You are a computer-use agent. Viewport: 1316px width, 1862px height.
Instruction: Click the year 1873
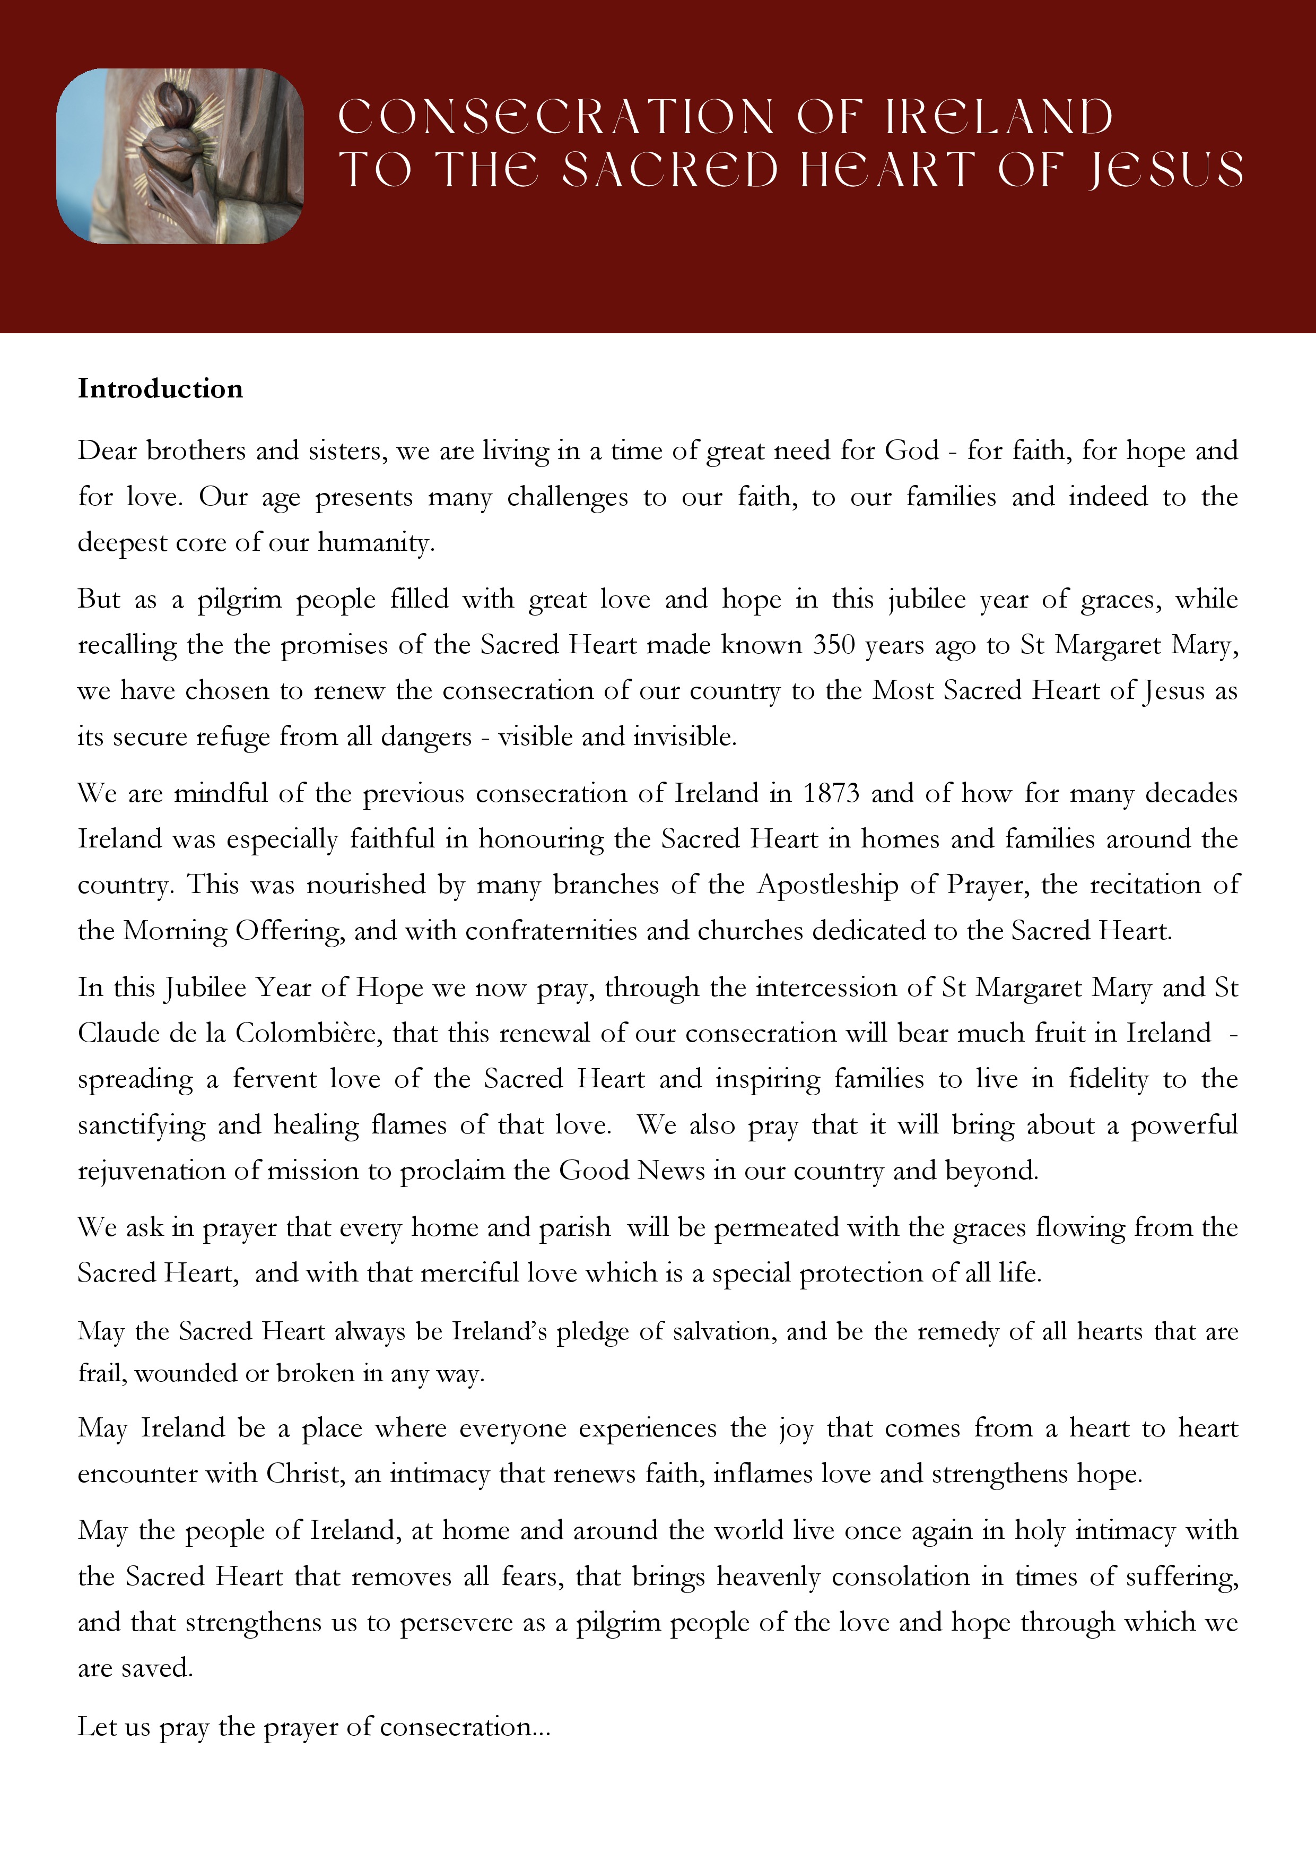coord(831,793)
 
